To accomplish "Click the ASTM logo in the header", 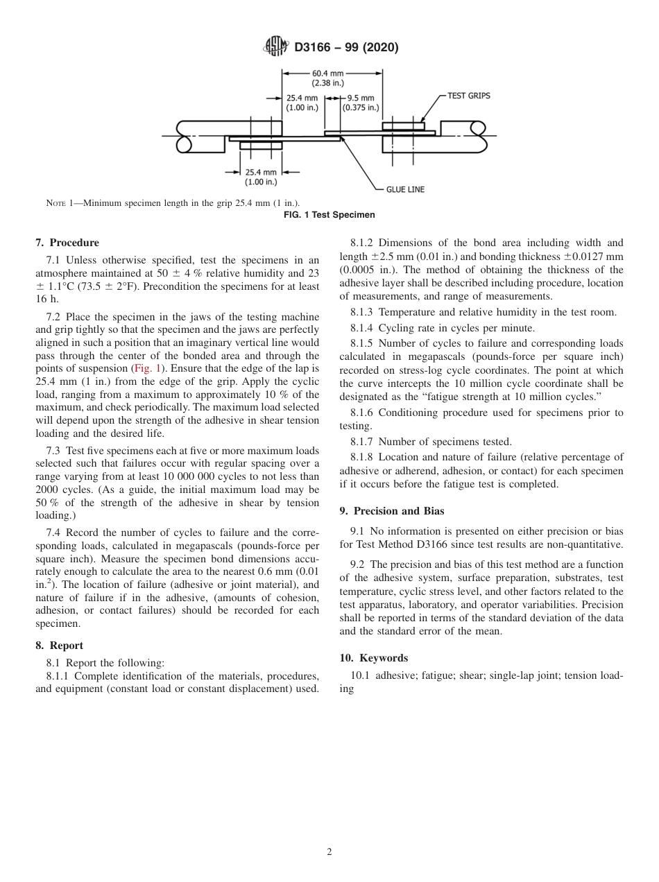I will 277,47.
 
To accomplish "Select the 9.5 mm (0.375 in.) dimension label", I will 360,103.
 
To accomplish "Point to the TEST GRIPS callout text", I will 468,96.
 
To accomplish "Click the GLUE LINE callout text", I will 405,189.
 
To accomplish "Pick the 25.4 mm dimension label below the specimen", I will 260,177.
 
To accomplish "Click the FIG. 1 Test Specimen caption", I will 329,215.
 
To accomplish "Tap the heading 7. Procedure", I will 67,243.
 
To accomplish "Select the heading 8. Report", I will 59,645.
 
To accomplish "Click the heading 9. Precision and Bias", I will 391,511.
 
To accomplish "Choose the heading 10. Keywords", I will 373,658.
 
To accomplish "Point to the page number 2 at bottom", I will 329,852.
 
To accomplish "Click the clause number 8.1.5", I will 361,344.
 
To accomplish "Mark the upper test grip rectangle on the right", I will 403,126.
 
